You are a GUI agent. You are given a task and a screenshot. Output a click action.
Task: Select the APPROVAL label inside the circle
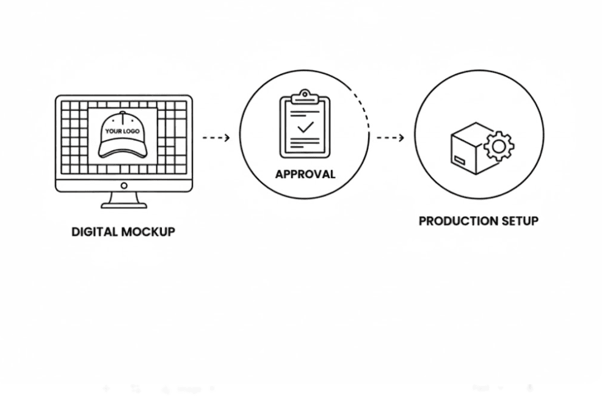pos(305,174)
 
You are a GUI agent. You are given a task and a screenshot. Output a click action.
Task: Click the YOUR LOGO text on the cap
pos(122,131)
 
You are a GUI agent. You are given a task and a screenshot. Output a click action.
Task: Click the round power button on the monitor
pos(124,186)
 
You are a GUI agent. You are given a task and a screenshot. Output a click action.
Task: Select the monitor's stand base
pos(124,205)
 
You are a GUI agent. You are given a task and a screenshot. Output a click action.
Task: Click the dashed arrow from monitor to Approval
pos(216,137)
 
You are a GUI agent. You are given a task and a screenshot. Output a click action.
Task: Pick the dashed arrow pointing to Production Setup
pos(390,137)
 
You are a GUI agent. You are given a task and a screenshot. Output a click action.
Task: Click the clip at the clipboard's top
pos(304,97)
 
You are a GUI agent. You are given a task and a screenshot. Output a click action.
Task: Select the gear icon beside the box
pos(499,146)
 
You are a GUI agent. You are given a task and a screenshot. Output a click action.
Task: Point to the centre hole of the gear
pos(499,146)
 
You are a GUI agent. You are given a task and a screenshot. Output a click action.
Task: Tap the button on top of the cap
pos(122,114)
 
